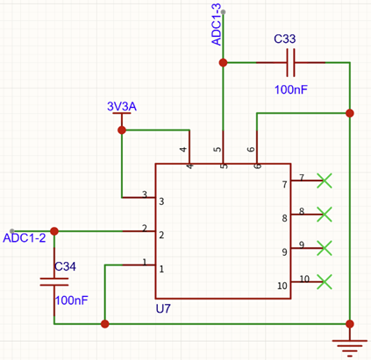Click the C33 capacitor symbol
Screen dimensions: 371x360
point(290,62)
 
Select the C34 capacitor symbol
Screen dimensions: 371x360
point(54,282)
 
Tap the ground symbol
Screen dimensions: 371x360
point(350,349)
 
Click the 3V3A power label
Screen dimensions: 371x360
point(122,107)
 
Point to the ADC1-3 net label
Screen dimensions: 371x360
point(217,25)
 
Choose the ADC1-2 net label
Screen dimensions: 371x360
point(25,238)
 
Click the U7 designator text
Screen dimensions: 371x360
point(163,308)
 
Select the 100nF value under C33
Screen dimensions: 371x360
point(291,89)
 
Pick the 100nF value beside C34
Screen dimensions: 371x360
point(72,300)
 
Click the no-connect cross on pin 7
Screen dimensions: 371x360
point(325,180)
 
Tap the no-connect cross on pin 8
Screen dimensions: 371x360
point(325,215)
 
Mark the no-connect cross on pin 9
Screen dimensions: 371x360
point(325,248)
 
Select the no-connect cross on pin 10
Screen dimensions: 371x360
point(325,282)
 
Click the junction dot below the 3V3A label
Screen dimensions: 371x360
point(122,130)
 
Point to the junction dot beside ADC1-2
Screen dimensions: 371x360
point(54,231)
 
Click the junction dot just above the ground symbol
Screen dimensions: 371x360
point(350,324)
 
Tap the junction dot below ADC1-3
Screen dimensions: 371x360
point(223,62)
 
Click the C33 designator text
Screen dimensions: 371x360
point(285,39)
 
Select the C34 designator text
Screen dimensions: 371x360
point(65,266)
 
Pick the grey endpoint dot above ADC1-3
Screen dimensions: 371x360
point(223,12)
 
